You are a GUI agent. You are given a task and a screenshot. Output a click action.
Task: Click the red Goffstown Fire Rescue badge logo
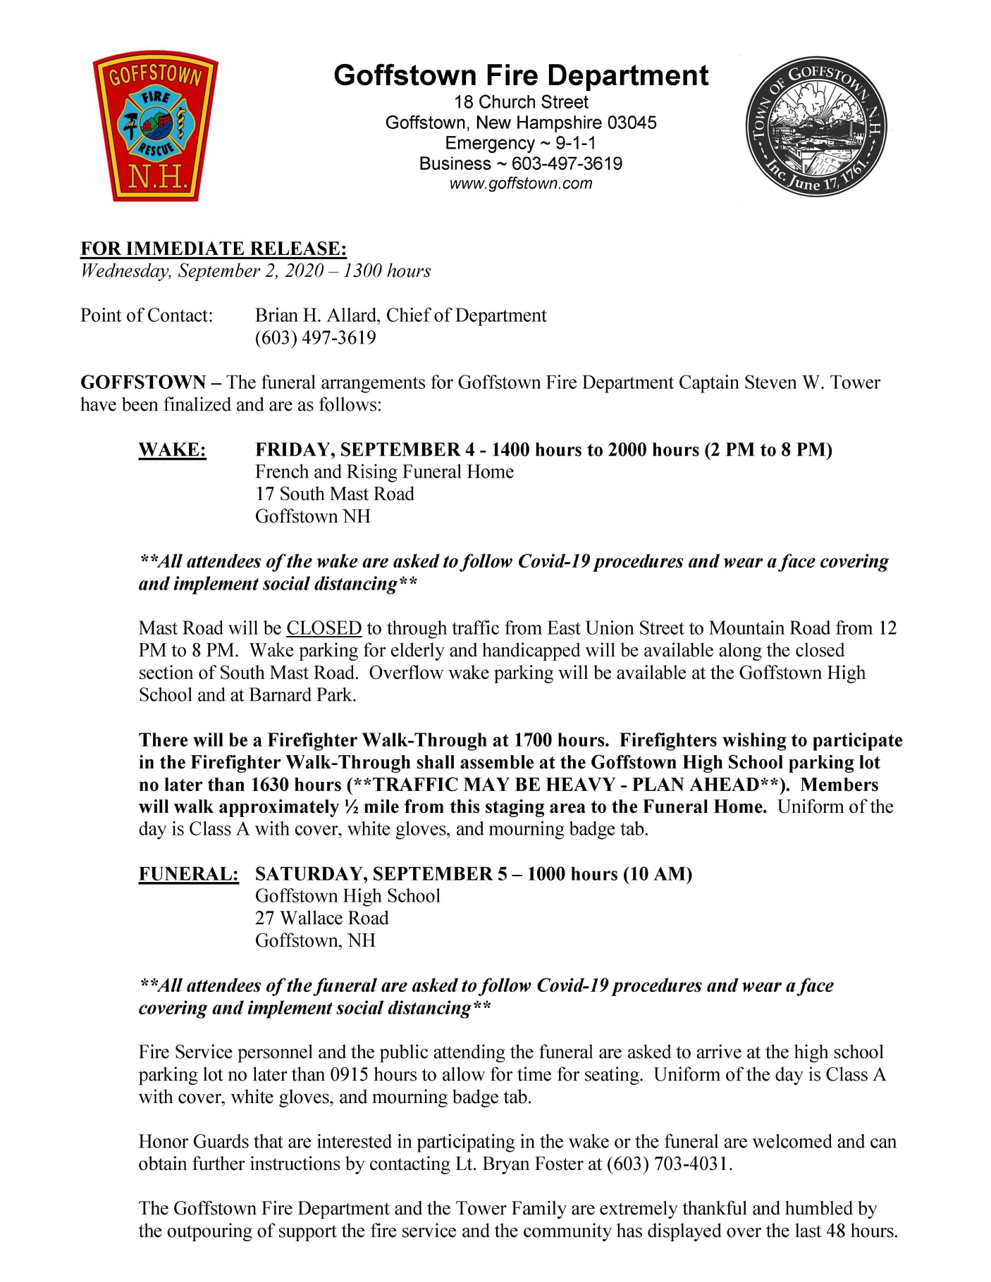tap(155, 127)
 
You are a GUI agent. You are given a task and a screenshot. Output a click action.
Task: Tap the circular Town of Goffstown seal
tap(815, 127)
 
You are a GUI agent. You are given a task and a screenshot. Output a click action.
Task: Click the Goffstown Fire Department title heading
tap(521, 75)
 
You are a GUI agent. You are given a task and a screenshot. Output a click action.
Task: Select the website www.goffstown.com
tap(521, 184)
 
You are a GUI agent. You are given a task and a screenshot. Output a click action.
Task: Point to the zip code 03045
tap(632, 123)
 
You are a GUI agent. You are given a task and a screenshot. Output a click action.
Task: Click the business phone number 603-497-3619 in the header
tap(567, 163)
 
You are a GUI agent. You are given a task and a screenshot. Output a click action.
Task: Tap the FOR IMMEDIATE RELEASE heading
tap(214, 248)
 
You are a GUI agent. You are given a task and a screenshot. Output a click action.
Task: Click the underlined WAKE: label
tap(172, 449)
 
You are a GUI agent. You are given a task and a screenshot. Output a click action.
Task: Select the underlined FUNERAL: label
tap(188, 873)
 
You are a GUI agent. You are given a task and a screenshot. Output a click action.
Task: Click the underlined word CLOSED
tap(324, 628)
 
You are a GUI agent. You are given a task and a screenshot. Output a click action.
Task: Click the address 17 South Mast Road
tap(334, 494)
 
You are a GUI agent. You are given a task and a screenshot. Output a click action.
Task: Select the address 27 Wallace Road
tap(321, 918)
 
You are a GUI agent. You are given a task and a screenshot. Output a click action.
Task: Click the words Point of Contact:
tap(147, 315)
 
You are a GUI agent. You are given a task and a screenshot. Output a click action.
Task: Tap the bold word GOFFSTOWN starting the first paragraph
tap(143, 382)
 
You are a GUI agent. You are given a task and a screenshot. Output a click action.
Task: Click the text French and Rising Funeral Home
tap(384, 471)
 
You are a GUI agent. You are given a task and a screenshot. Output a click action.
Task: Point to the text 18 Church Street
tap(521, 102)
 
